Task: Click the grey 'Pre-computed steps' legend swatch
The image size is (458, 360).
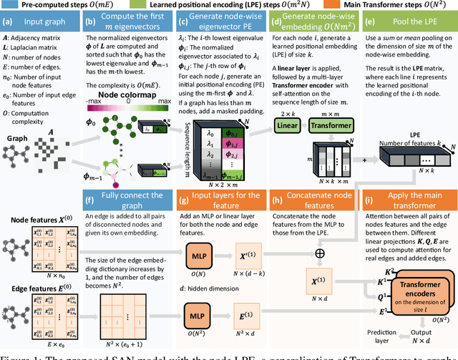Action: point(9,6)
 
